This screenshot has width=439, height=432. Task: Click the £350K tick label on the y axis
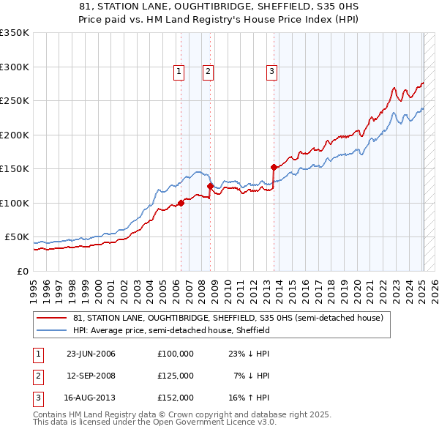point(15,33)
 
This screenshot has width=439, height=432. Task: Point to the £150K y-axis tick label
point(15,169)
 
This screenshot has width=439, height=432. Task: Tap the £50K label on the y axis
point(18,237)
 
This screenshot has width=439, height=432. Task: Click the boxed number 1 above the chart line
point(180,72)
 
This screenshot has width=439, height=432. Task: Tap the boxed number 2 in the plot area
point(209,72)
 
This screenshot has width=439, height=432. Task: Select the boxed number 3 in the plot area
point(271,72)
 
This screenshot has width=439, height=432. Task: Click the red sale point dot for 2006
point(181,203)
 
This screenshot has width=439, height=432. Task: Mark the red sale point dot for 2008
point(210,186)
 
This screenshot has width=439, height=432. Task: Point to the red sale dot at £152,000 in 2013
point(273,168)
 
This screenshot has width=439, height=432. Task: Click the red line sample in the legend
point(53,319)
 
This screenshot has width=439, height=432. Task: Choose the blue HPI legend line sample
point(53,330)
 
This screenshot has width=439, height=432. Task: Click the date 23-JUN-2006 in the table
point(91,354)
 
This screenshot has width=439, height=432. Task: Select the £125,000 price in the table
point(175,376)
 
